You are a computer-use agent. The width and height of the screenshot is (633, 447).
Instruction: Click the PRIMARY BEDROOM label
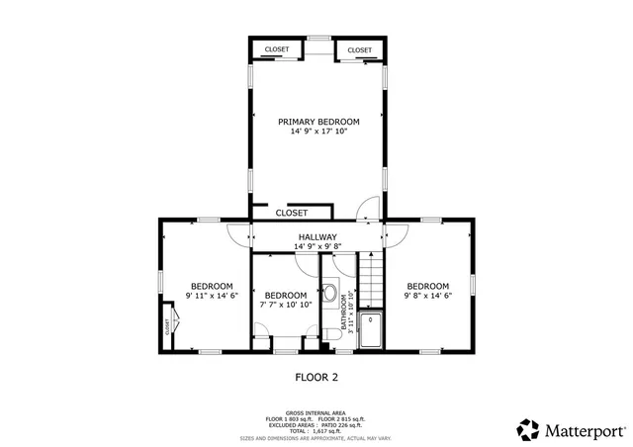pyautogui.click(x=317, y=121)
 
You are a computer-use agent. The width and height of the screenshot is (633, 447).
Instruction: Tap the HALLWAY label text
pyautogui.click(x=317, y=238)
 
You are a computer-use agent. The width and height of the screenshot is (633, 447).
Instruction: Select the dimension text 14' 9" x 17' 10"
pyautogui.click(x=317, y=132)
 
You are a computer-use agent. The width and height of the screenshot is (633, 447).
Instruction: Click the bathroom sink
pyautogui.click(x=329, y=291)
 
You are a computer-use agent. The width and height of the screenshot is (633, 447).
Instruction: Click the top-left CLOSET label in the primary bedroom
pyautogui.click(x=275, y=50)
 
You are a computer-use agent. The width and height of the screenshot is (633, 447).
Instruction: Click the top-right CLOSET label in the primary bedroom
pyautogui.click(x=360, y=50)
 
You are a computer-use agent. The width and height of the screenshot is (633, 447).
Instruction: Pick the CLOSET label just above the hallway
pyautogui.click(x=291, y=213)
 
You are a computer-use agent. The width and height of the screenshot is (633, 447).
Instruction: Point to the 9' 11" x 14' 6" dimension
pyautogui.click(x=211, y=295)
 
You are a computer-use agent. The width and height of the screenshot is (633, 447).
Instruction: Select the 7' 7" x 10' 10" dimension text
pyautogui.click(x=285, y=305)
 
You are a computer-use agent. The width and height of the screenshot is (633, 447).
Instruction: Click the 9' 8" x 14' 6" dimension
pyautogui.click(x=427, y=295)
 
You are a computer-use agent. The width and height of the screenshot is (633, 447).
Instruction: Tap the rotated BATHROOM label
pyautogui.click(x=343, y=313)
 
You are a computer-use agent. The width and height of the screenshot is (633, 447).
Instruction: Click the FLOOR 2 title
pyautogui.click(x=316, y=377)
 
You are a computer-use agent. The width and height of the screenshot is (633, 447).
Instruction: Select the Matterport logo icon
pyautogui.click(x=528, y=429)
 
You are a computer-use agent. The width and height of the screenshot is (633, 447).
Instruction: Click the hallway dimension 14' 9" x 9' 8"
pyautogui.click(x=317, y=247)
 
